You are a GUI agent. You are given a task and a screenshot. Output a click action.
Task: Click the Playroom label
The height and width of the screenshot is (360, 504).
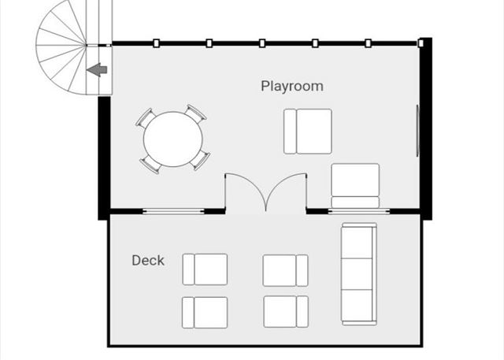[292, 87]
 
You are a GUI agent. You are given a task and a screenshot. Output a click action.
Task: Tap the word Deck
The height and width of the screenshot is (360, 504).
[148, 260]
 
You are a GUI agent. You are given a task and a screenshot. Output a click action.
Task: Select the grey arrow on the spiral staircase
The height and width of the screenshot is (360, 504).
[97, 70]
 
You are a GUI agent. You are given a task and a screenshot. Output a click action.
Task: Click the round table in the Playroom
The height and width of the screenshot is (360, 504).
[173, 139]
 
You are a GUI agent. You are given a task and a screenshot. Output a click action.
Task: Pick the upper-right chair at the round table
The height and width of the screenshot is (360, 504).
[196, 113]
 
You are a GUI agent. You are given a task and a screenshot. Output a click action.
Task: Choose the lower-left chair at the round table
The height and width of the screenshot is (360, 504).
[150, 165]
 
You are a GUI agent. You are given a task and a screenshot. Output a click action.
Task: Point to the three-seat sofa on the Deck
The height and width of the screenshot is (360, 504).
[359, 274]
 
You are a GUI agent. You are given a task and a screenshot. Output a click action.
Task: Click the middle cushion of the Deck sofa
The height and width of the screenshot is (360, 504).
[357, 274]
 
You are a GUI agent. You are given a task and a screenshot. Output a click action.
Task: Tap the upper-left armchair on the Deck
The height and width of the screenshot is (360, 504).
[205, 269]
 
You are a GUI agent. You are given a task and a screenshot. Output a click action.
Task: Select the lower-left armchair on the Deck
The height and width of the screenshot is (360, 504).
[205, 313]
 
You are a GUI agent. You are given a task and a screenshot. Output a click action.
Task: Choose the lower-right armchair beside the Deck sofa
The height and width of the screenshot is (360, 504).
[286, 311]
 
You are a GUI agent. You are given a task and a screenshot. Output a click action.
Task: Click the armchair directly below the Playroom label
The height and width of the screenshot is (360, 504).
[308, 132]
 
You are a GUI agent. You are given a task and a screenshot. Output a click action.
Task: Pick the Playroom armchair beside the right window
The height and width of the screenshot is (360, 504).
[355, 186]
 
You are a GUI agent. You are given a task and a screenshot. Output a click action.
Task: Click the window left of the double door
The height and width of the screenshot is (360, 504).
[173, 211]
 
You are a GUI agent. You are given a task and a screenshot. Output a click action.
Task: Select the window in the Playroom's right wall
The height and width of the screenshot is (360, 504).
[417, 131]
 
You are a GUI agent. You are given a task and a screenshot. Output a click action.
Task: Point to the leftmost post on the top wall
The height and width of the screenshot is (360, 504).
[156, 43]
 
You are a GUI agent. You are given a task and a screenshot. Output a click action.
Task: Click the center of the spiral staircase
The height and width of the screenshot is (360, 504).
[87, 46]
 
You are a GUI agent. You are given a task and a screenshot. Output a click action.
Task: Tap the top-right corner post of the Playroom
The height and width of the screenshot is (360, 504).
[421, 43]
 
